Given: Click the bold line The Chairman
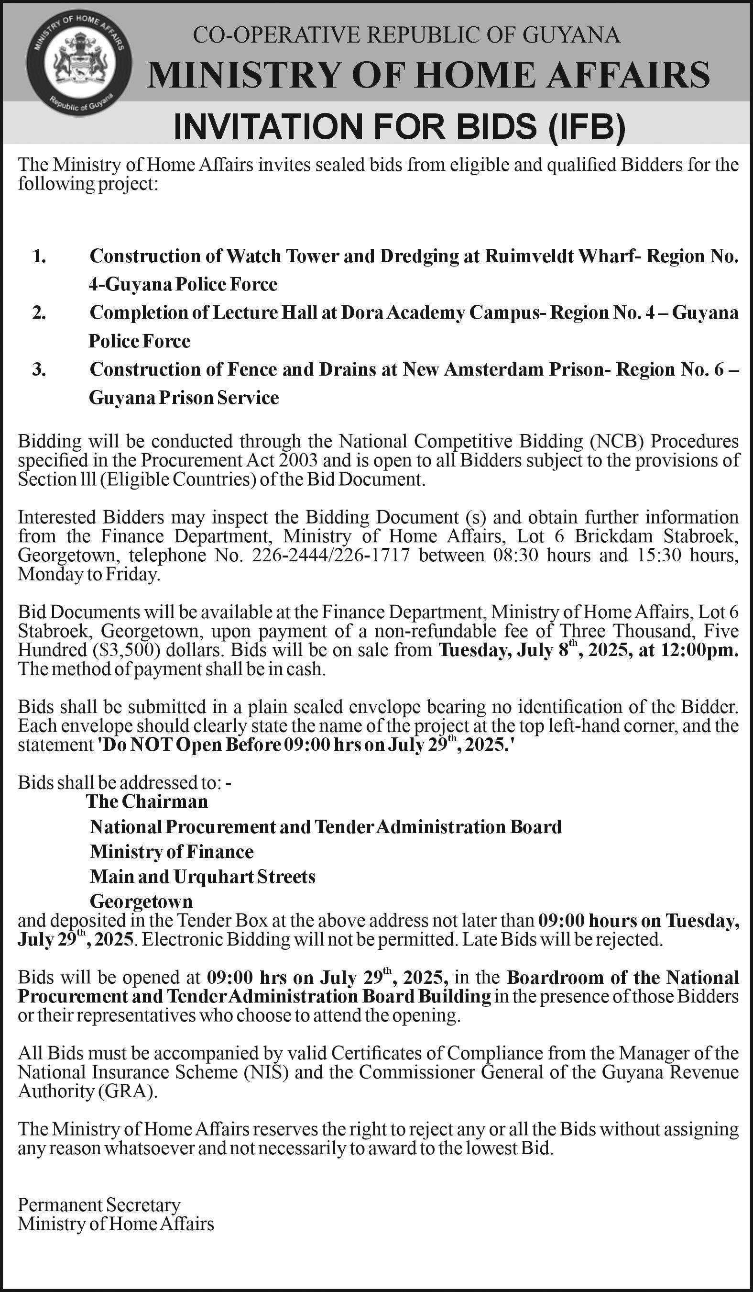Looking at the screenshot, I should [147, 802].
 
